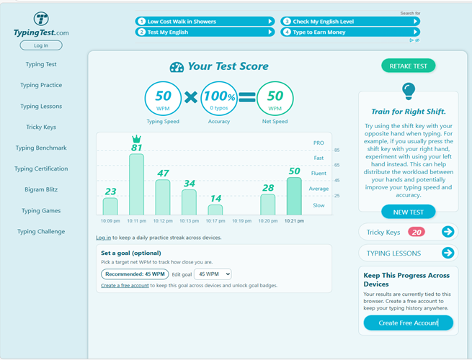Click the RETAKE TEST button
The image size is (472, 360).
(x=408, y=66)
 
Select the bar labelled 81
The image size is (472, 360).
(x=137, y=184)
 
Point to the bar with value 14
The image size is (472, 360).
(x=215, y=210)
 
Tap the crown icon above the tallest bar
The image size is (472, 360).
(x=136, y=138)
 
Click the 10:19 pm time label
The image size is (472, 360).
(x=241, y=221)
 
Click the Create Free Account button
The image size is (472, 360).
(x=408, y=323)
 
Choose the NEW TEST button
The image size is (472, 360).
(x=408, y=212)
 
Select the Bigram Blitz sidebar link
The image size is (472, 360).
(x=42, y=189)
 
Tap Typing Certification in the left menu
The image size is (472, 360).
(x=42, y=168)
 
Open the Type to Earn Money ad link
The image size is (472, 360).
(x=349, y=32)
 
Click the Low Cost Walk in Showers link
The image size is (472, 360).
(x=205, y=22)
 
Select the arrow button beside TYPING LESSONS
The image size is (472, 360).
(x=447, y=253)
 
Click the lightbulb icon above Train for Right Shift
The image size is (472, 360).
(x=409, y=91)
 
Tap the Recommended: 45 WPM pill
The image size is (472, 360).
(x=134, y=274)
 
